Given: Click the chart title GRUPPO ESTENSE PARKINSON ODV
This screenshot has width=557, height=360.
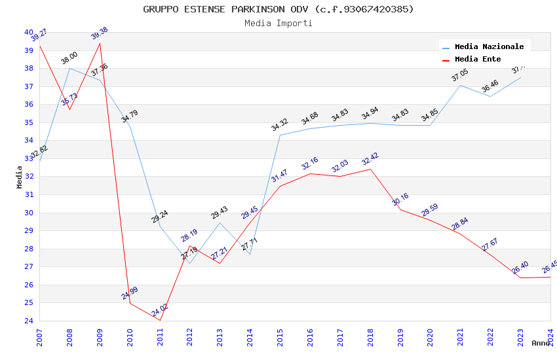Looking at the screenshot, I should pyautogui.click(x=278, y=9).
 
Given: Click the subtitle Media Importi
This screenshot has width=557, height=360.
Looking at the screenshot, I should pyautogui.click(x=278, y=23).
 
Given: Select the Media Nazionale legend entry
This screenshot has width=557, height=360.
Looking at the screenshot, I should pyautogui.click(x=489, y=46).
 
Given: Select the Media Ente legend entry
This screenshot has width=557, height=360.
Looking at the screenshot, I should pyautogui.click(x=478, y=59).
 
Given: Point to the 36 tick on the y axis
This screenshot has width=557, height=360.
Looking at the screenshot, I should pyautogui.click(x=29, y=104).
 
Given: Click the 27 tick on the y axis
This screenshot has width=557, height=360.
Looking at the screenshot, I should pyautogui.click(x=29, y=266).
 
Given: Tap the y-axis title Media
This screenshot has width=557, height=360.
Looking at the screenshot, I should pyautogui.click(x=20, y=177).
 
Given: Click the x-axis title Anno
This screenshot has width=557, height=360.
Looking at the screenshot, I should pyautogui.click(x=541, y=343).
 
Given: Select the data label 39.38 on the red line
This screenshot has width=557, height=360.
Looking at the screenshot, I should pyautogui.click(x=100, y=33).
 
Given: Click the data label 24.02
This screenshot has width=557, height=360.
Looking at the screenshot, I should pyautogui.click(x=160, y=311).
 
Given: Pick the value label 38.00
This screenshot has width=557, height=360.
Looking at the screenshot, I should pyautogui.click(x=69, y=58).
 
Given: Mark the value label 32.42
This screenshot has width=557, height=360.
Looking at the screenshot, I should pyautogui.click(x=370, y=159).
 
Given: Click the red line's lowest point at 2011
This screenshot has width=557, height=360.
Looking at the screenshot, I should pyautogui.click(x=160, y=320).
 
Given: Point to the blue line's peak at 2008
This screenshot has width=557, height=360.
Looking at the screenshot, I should pyautogui.click(x=69, y=68).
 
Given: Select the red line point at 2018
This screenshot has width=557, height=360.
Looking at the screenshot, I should pyautogui.click(x=370, y=169).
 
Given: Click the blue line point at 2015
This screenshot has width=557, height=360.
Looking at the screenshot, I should pyautogui.click(x=280, y=135).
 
